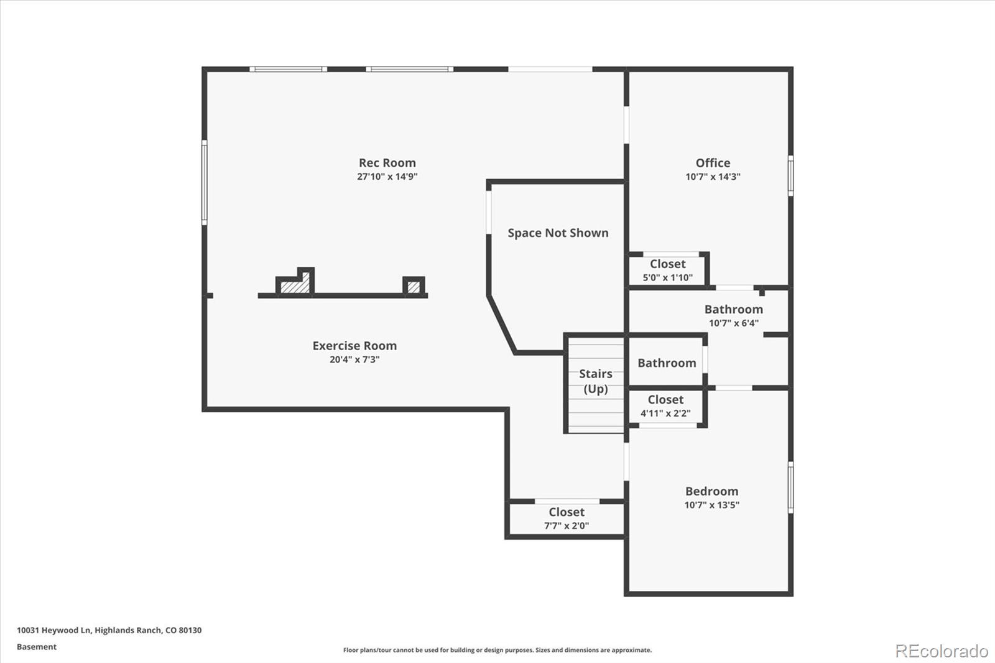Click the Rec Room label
pos(387,163)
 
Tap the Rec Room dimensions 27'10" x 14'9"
pos(387,177)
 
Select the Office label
pos(713,163)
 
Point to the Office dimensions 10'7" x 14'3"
pos(713,177)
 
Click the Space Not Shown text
pos(558,233)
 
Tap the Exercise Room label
pos(354,346)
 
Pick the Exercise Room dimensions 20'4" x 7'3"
pos(354,359)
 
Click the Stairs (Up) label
pos(595,381)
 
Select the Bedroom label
pos(711,491)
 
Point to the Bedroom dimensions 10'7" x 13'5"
pos(711,505)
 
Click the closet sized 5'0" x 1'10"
pos(667,270)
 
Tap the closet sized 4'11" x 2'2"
pos(665,406)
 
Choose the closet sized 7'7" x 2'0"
pos(567,518)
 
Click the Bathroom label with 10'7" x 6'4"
pos(733,309)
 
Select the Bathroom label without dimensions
pos(667,363)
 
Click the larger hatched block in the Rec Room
pos(295,287)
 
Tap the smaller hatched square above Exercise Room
pos(414,287)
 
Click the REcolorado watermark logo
pos(941,651)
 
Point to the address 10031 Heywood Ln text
pos(109,630)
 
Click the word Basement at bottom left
pos(37,647)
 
